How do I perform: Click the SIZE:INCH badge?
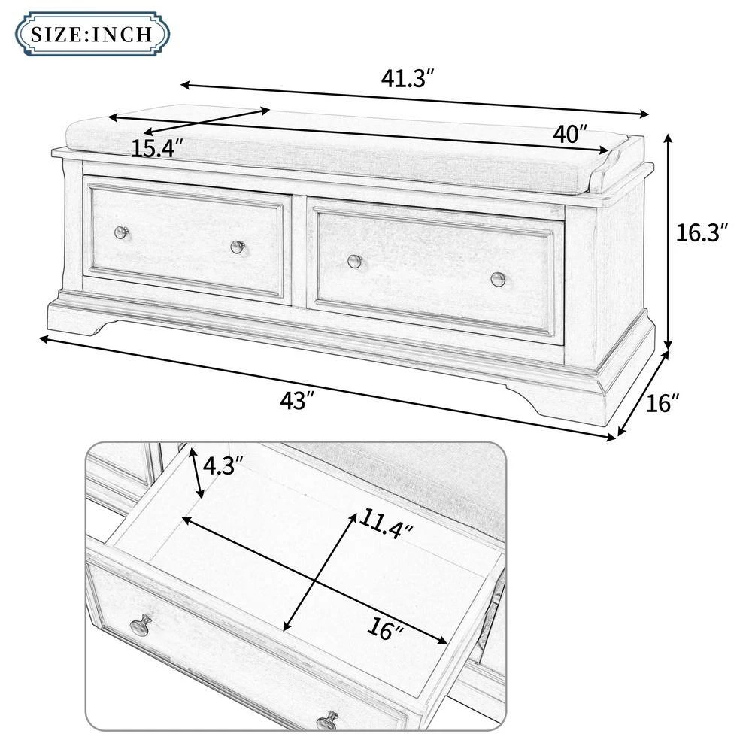pos(92,34)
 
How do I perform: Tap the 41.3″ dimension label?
pos(408,77)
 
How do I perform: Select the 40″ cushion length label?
pos(570,134)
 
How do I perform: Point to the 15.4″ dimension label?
pos(157,148)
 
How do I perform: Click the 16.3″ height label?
pos(702,232)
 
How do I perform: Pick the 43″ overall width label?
pos(297,400)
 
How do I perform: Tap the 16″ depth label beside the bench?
pos(663,403)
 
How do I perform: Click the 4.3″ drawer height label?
pos(223,465)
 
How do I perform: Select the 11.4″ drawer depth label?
pos(385,523)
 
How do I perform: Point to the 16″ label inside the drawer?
pos(384,628)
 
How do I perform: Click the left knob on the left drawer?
pos(122,232)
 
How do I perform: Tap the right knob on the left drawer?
pos(238,247)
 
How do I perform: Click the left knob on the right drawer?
pos(355,262)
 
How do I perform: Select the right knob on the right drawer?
pos(499,279)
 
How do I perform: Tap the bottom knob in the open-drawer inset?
pos(328,721)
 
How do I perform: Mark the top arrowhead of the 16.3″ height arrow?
pos(668,138)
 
